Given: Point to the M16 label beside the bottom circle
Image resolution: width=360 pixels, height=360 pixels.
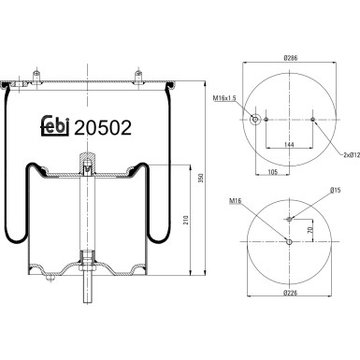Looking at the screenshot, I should pos(234,199).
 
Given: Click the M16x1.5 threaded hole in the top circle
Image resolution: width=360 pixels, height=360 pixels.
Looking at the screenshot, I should pos(255,119).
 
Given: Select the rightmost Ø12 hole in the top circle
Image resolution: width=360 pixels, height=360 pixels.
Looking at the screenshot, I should pos(313,120).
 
